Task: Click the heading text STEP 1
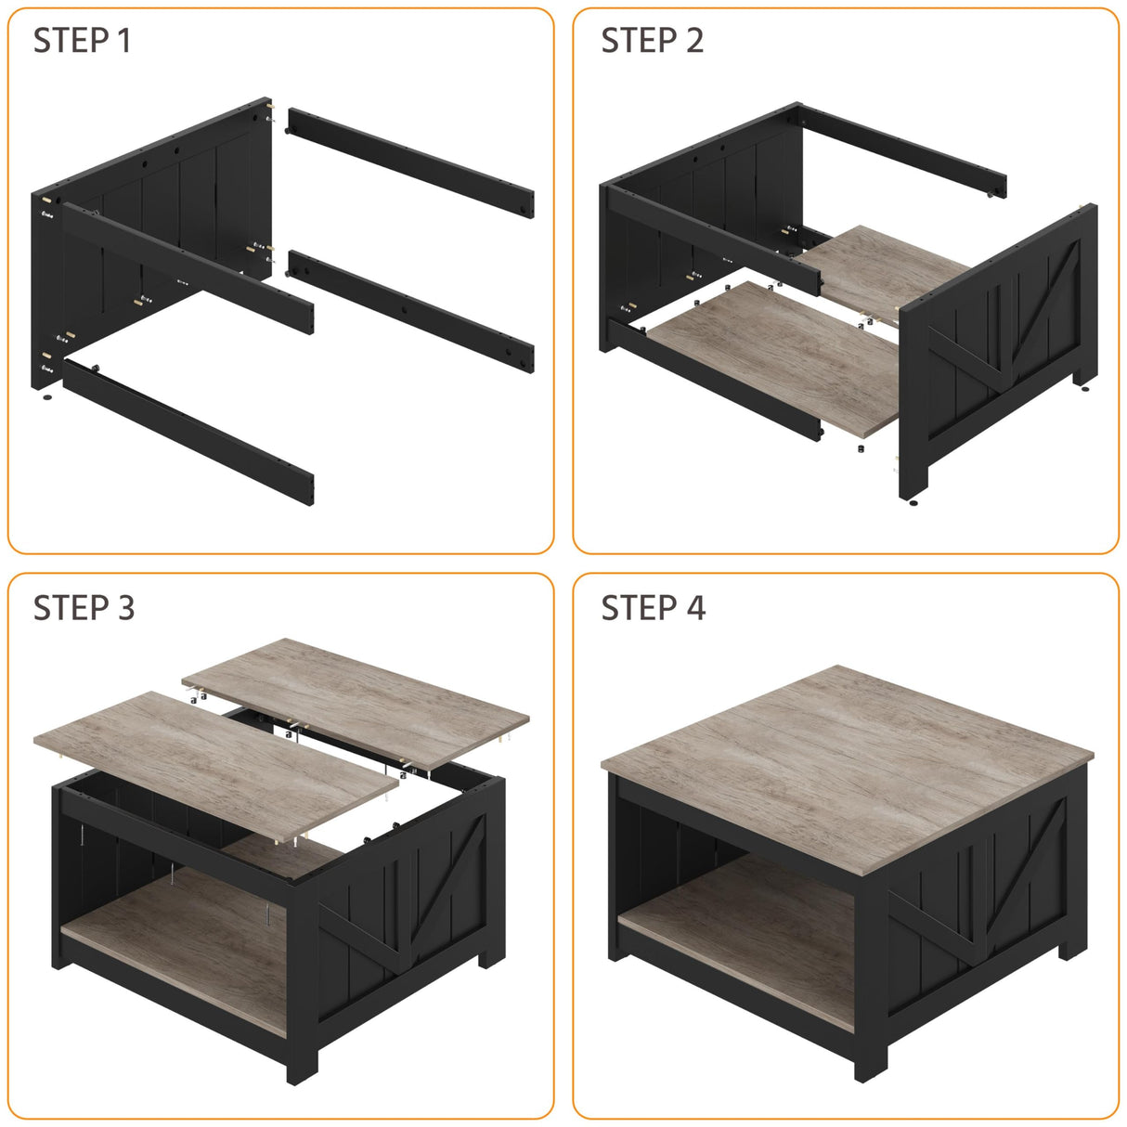pyautogui.click(x=82, y=41)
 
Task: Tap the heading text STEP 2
pyautogui.click(x=652, y=41)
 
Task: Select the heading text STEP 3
pyautogui.click(x=84, y=608)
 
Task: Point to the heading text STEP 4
pyautogui.click(x=653, y=608)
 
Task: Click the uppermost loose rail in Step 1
pyautogui.click(x=409, y=162)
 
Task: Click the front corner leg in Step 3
pyautogui.click(x=303, y=1003)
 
